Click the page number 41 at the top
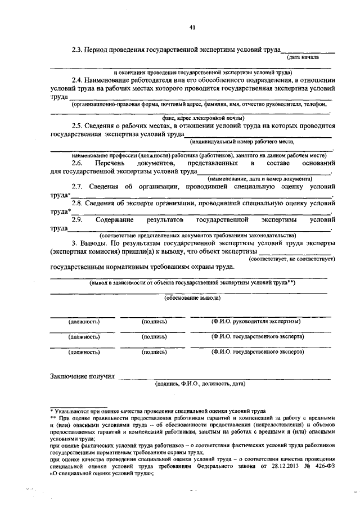[192, 27]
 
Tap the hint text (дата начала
[303, 57]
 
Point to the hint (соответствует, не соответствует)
[292, 259]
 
